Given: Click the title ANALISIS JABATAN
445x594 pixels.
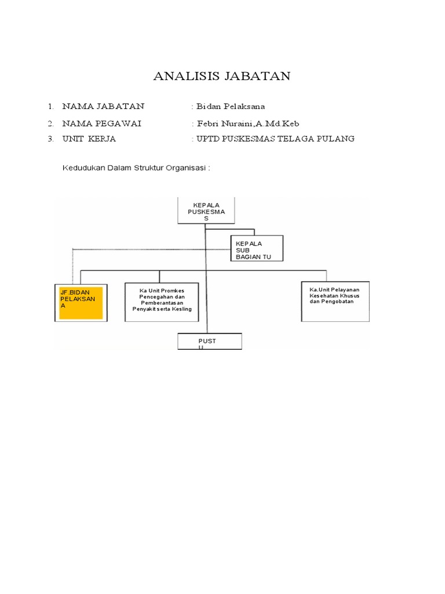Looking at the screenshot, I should coord(222,76).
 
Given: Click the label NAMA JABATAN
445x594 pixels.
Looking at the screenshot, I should coord(104,106).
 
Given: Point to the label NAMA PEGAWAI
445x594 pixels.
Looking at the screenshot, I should coord(101,123).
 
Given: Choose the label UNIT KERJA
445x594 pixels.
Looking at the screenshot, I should coord(89,139).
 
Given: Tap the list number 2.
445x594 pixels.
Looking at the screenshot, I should coord(51,123).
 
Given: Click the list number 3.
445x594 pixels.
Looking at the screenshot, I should coord(51,139).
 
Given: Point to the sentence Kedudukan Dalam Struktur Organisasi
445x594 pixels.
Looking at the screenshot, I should coord(136,168).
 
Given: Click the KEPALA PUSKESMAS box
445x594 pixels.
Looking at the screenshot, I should coord(205,211).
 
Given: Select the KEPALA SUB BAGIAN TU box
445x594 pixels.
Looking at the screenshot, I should coord(257,249).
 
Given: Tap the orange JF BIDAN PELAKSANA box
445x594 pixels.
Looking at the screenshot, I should coord(81,302).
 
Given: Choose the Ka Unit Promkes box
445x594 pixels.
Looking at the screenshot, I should coord(162,302).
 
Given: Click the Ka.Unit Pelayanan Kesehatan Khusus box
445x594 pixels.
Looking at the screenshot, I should coord(335,301).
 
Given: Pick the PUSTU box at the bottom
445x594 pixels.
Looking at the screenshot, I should coord(209,342).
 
